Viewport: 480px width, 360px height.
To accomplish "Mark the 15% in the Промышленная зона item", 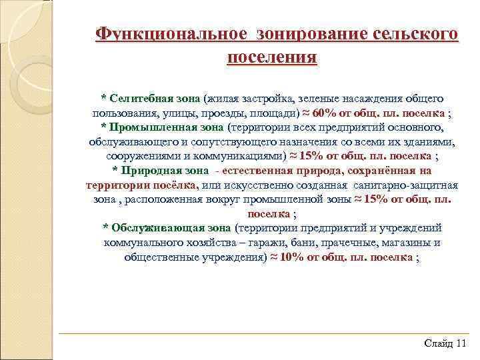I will click(311, 156).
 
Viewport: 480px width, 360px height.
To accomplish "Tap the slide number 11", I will click(462, 343).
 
